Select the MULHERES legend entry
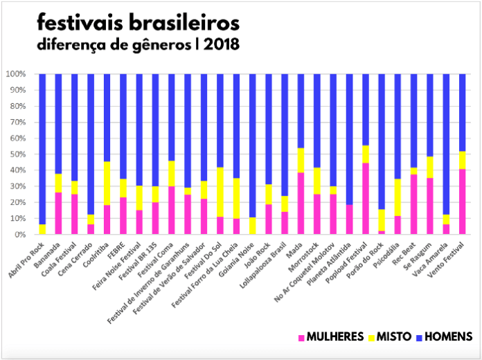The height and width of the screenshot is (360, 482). (330, 337)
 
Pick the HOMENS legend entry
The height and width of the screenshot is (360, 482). (447, 337)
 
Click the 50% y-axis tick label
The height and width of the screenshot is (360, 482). (17, 154)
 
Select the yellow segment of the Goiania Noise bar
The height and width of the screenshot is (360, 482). (252, 226)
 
